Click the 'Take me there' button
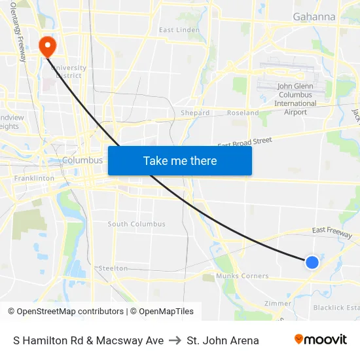pos(180,160)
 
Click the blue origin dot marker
pos(312,262)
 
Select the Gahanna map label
pos(314,16)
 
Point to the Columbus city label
pos(82,160)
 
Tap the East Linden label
pos(179,30)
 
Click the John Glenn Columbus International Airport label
pos(295,99)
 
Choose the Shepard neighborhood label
pos(195,113)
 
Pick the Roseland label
pos(243,113)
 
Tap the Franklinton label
pos(34,178)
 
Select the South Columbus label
pos(136,224)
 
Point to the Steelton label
pos(113,268)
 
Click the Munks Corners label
pos(242,277)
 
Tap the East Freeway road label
pos(332,230)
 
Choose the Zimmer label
pos(277,304)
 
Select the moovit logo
pos(320,340)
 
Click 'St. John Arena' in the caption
pos(223,340)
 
